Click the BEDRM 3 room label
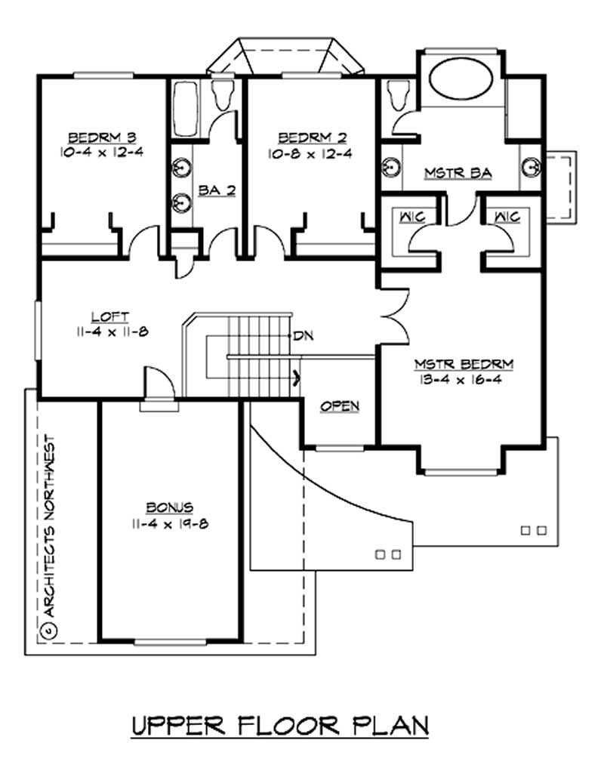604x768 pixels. pyautogui.click(x=102, y=137)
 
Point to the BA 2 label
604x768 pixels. pyautogui.click(x=217, y=191)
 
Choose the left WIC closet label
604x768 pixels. pyautogui.click(x=410, y=217)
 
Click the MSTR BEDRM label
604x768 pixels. pyautogui.click(x=464, y=365)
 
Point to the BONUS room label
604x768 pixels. pyautogui.click(x=169, y=507)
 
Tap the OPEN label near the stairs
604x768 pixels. pyautogui.click(x=340, y=406)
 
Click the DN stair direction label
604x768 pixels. pyautogui.click(x=304, y=334)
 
